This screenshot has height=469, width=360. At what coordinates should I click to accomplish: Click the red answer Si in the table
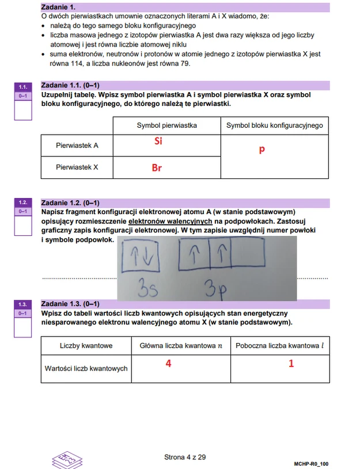pyautogui.click(x=158, y=141)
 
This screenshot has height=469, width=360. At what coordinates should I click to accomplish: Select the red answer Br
pyautogui.click(x=157, y=168)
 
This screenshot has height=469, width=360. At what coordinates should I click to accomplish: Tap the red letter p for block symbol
pyautogui.click(x=262, y=150)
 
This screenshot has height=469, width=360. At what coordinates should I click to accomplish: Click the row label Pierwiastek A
pyautogui.click(x=77, y=146)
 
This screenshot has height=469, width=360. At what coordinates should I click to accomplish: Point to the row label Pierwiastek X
pyautogui.click(x=77, y=167)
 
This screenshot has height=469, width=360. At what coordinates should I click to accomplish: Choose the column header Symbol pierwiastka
pyautogui.click(x=166, y=125)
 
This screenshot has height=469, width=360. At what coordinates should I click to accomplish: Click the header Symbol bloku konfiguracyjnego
pyautogui.click(x=274, y=125)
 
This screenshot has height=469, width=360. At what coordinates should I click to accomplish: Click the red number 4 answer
pyautogui.click(x=168, y=364)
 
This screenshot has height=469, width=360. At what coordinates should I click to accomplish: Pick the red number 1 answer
pyautogui.click(x=291, y=364)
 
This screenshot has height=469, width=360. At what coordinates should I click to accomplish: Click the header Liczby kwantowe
pyautogui.click(x=86, y=346)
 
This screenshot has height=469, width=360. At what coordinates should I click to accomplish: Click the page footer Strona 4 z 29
pyautogui.click(x=185, y=457)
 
